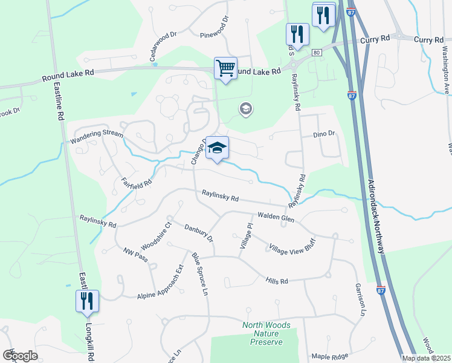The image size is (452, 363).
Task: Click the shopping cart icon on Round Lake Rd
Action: [225, 68]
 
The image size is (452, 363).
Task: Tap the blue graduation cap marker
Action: [217, 148]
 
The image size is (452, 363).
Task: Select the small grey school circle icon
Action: [245, 110]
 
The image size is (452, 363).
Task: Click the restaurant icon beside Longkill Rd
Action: [86, 301]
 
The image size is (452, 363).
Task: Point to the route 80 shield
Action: [316, 53]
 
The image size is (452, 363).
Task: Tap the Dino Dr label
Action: [324, 134]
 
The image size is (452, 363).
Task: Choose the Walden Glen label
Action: [276, 217]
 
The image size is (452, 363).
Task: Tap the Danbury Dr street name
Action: [199, 232]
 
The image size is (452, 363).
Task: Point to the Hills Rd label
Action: [277, 280]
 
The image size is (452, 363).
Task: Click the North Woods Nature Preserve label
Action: [266, 333]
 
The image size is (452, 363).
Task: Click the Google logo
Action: [20, 356]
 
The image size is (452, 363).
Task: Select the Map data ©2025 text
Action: [426, 358]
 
